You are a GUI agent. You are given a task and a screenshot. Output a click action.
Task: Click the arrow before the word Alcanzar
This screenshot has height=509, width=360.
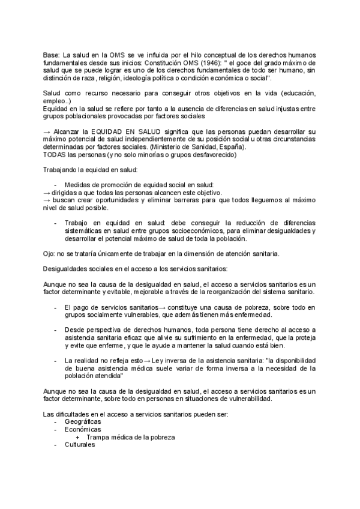(x=49, y=131)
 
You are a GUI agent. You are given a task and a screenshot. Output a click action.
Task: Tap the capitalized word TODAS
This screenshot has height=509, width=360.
(x=56, y=154)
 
